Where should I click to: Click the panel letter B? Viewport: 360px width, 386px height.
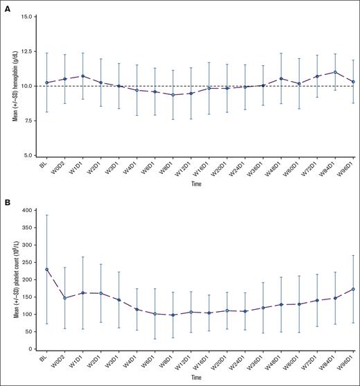coord(5,203)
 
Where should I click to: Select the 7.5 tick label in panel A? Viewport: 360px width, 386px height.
coord(30,121)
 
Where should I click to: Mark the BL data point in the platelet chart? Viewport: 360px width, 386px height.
coord(46,270)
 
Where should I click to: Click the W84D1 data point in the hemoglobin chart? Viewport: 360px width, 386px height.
coord(336,72)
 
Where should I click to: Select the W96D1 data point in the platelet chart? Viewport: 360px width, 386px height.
coord(354,289)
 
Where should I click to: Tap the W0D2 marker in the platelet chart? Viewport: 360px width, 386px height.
coord(64,298)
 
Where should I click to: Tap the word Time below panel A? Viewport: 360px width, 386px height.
coord(199,186)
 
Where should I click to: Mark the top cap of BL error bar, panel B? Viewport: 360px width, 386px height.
coord(46,215)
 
